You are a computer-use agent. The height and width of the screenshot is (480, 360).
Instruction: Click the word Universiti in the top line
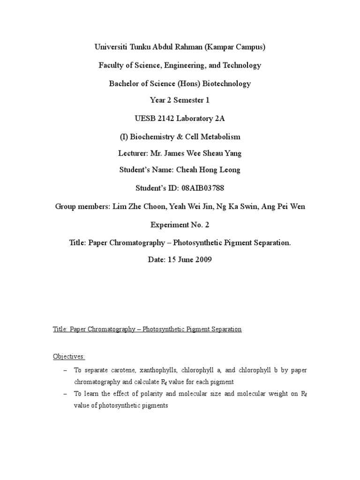click(112, 47)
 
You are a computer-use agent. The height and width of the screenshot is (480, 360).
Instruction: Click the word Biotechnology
click(223, 83)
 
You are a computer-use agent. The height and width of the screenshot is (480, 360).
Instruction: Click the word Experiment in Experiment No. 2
click(169, 225)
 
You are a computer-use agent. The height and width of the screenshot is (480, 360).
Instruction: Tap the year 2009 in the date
click(203, 259)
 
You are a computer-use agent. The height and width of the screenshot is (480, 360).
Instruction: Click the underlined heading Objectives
click(69, 357)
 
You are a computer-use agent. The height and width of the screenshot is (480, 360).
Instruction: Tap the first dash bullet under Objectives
click(65, 370)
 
